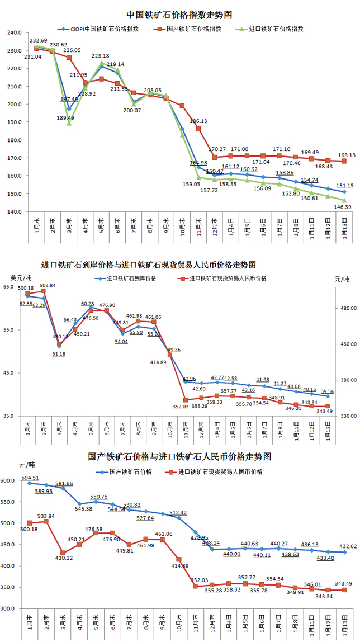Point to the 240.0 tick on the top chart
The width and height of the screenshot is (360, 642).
coord(13,33)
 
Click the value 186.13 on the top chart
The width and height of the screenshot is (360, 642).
coord(198,121)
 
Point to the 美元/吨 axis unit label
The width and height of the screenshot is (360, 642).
coord(21,277)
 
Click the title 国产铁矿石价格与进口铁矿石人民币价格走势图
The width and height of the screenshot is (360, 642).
coord(179,456)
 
